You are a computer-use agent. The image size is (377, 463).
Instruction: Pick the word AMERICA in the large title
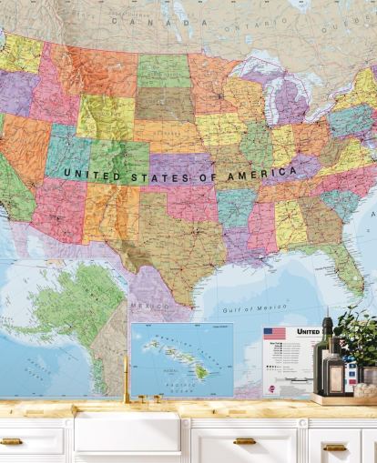(x=262, y=171)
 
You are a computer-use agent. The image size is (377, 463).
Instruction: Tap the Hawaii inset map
(x=181, y=359)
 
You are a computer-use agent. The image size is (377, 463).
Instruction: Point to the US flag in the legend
(x=274, y=333)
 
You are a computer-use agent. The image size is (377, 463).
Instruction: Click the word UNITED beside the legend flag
(x=308, y=332)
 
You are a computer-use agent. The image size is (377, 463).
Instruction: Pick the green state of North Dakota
(x=164, y=70)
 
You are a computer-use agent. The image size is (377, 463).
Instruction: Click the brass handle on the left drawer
(x=12, y=441)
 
